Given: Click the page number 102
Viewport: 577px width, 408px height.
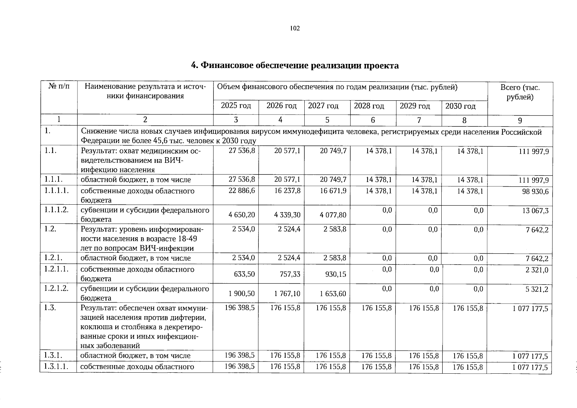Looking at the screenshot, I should (295, 29).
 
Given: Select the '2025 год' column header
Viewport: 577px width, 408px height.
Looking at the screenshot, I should (236, 106).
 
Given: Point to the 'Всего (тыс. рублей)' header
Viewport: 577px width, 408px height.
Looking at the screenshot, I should (520, 92).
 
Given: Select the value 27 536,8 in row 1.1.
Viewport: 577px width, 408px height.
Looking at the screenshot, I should (242, 151).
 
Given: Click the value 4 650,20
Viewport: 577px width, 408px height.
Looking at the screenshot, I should (242, 215).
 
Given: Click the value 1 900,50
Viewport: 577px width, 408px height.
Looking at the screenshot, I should (242, 293).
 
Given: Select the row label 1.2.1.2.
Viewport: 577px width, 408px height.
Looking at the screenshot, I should (56, 288).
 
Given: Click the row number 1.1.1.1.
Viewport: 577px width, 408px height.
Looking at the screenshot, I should (56, 190).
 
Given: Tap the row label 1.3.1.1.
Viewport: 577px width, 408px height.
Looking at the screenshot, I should (56, 367).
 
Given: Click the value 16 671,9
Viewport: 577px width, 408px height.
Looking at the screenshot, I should (333, 191).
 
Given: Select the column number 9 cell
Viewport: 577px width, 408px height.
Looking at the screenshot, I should (520, 120).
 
